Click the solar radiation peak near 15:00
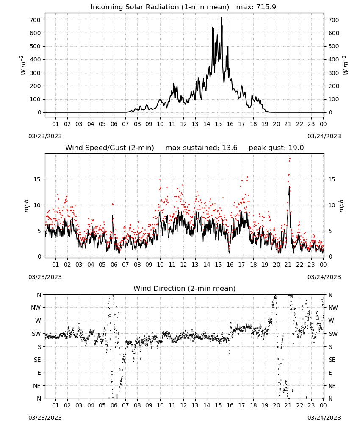[x=222, y=18]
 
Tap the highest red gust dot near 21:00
[x=290, y=159]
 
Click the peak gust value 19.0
[x=296, y=148]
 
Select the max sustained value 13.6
[x=230, y=148]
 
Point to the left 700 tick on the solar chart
[x=36, y=20]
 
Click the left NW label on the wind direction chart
[x=36, y=308]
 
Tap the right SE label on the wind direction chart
[x=332, y=360]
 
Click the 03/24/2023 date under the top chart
[x=324, y=136]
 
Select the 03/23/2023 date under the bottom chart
[x=45, y=418]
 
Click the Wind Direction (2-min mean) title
[x=185, y=288]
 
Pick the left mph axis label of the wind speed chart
[x=26, y=206]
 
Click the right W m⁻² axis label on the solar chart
[x=346, y=65]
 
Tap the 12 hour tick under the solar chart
[x=183, y=124]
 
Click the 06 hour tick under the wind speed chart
[x=114, y=265]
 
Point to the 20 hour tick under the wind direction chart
[x=276, y=406]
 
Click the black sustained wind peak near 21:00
[x=289, y=187]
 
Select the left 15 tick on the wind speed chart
[x=37, y=179]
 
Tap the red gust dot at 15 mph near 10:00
[x=160, y=179]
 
